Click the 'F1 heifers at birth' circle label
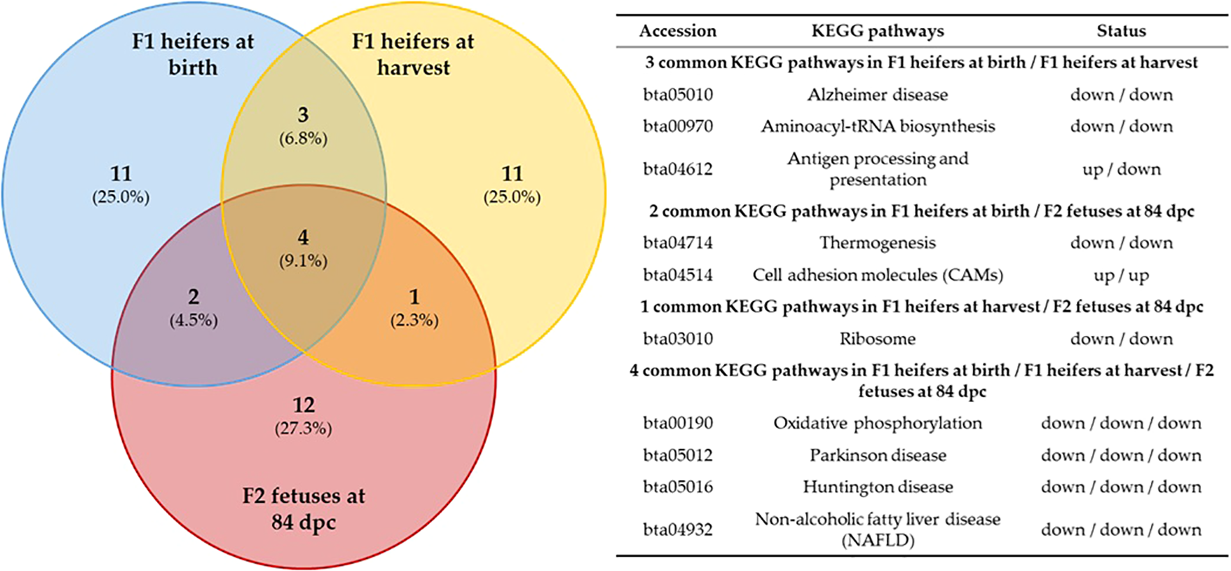coord(193,54)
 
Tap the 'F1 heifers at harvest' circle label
coord(413,54)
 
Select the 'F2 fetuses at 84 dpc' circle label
coord(304,508)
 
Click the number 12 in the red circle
coord(304,405)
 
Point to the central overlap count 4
coord(304,238)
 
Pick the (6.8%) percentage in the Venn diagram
coord(304,138)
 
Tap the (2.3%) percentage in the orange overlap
coord(415,320)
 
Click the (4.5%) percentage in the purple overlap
coord(194,320)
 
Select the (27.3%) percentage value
coord(304,428)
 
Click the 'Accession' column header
coord(677,31)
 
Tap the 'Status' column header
coord(1121,31)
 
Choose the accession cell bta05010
coord(677,95)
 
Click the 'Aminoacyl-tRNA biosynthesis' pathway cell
coord(877,126)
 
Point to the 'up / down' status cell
coord(1121,169)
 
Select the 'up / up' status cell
coord(1121,275)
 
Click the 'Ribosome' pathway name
coord(877,339)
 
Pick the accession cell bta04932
coord(677,529)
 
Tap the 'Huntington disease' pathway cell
coord(877,487)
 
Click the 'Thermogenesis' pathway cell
coord(877,243)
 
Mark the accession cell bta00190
coord(677,423)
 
